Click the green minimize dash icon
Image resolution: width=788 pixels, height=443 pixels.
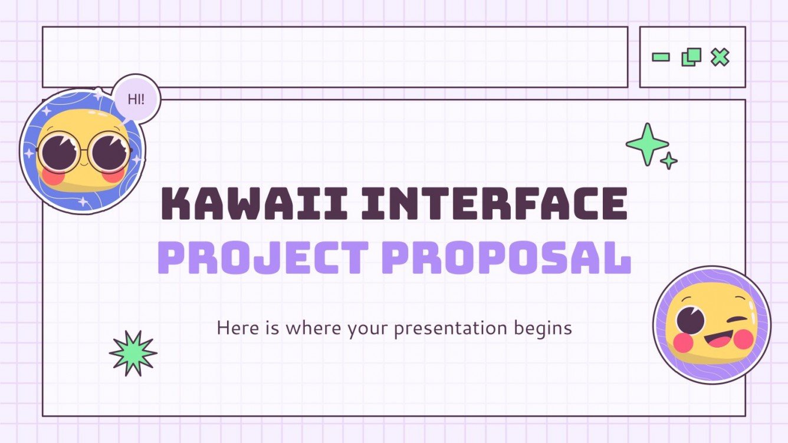[x=661, y=57]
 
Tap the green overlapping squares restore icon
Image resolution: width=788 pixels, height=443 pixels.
[x=691, y=57]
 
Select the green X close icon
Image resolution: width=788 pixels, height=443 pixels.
[x=720, y=57]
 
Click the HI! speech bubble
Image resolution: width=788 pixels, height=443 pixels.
[x=136, y=99]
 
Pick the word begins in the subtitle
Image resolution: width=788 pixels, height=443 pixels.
[x=546, y=328]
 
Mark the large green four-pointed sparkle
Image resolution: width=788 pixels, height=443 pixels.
[x=647, y=144]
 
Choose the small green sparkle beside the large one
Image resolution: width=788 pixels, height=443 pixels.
[x=668, y=161]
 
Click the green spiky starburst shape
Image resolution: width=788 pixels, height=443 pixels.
[x=133, y=353]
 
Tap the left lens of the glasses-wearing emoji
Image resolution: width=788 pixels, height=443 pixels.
[x=58, y=151]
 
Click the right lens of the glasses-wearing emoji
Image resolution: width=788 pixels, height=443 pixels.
[x=109, y=151]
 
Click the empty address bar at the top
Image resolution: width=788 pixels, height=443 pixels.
[x=334, y=57]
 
